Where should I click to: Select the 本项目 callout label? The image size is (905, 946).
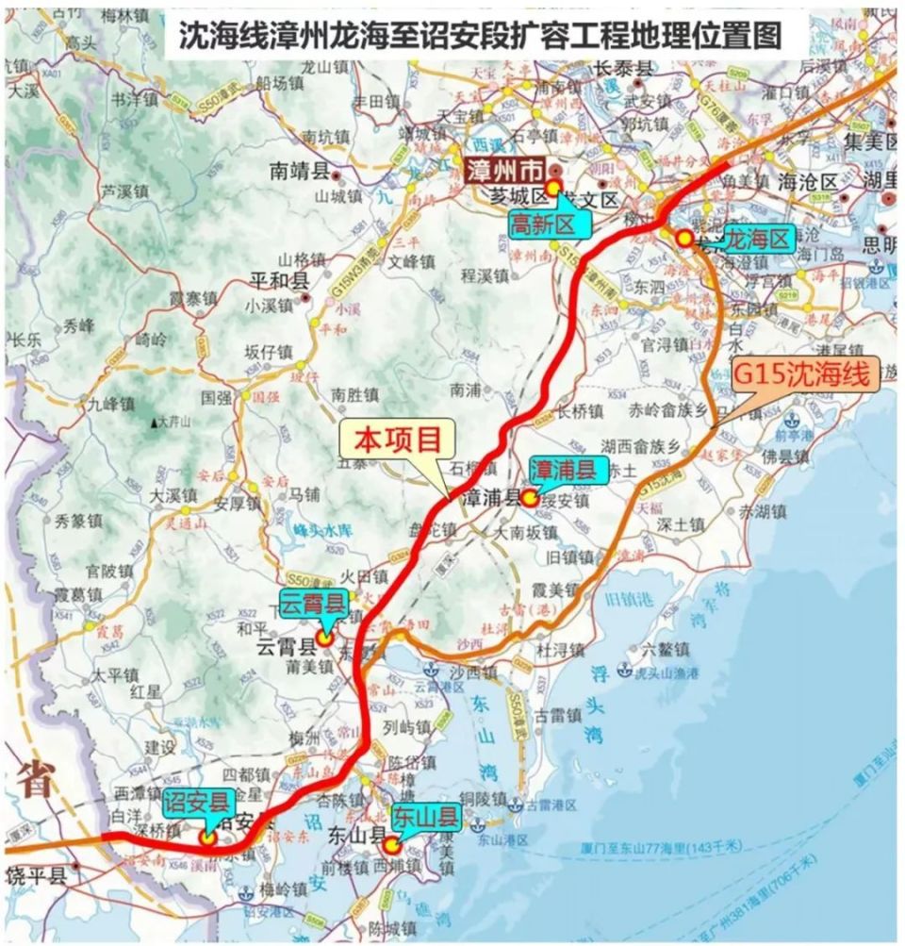[398, 440]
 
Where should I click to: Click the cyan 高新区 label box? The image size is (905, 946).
[542, 224]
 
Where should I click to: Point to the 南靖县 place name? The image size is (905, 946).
[299, 171]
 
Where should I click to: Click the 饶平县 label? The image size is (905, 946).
[34, 875]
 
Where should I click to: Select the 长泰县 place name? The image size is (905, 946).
[621, 68]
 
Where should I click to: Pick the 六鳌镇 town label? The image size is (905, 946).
[666, 650]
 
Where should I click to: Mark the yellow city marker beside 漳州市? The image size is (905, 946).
[553, 188]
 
